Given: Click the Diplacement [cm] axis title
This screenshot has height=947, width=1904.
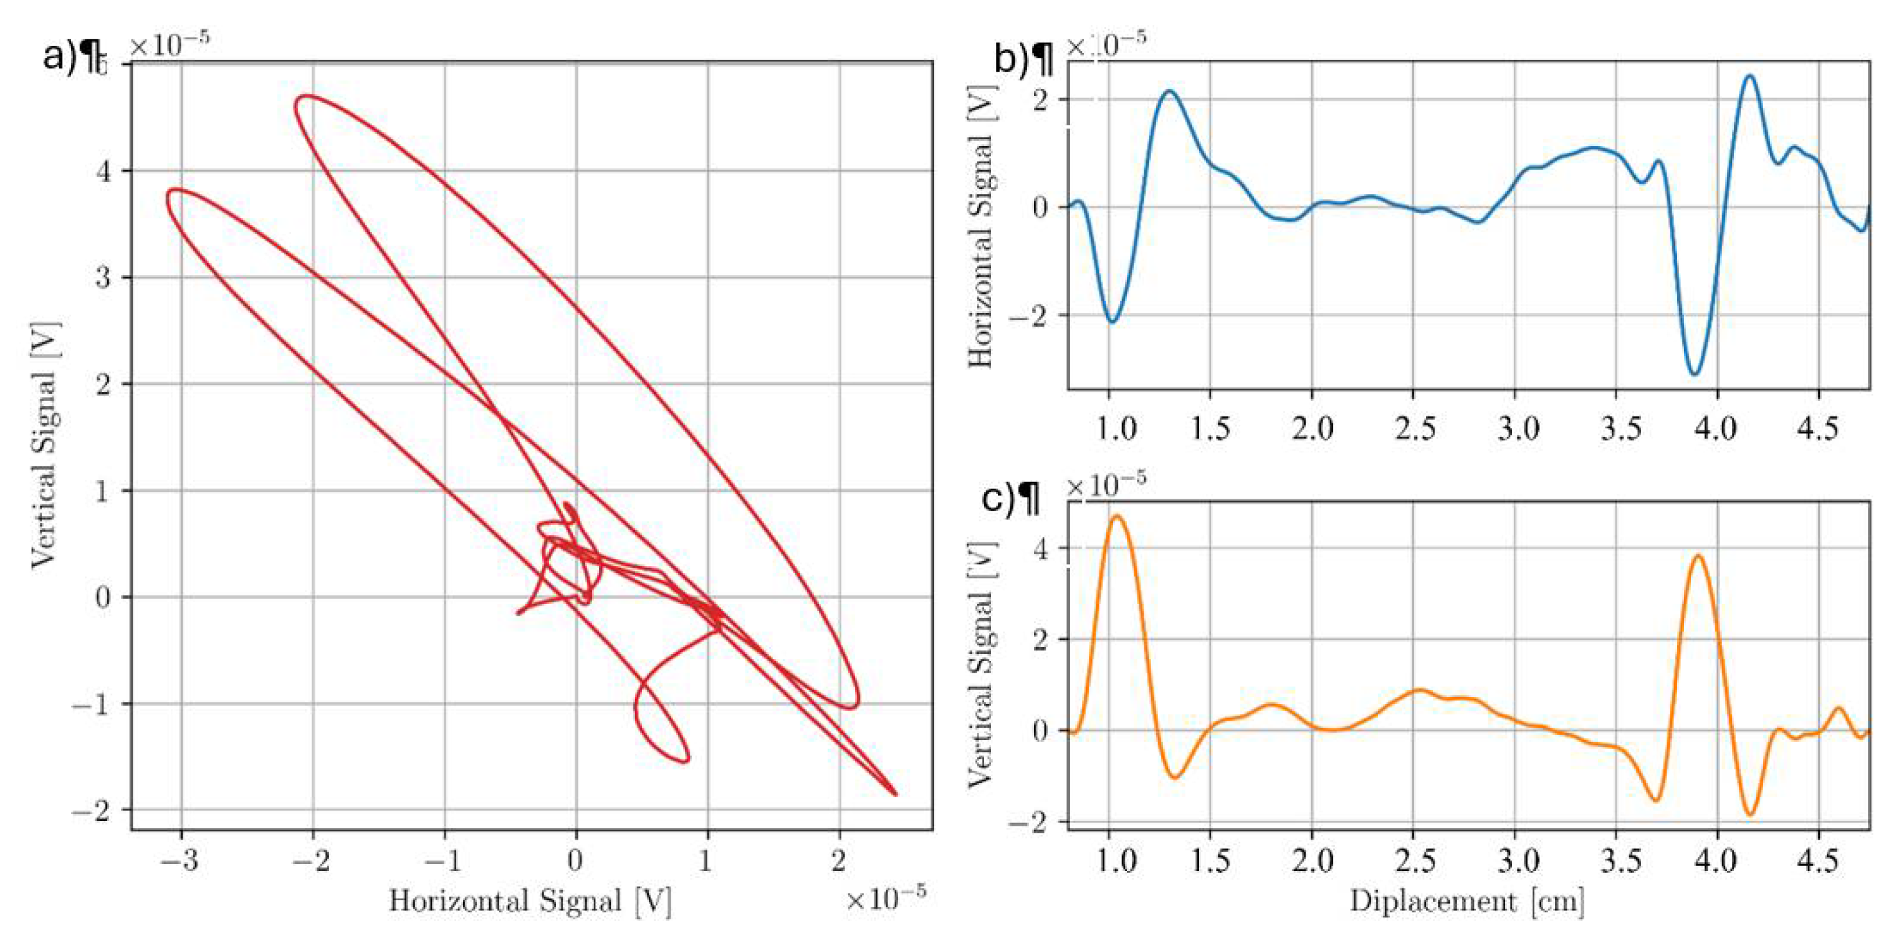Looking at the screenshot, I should click(x=1467, y=901).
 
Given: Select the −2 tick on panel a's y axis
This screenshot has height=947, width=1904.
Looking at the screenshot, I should click(x=92, y=811).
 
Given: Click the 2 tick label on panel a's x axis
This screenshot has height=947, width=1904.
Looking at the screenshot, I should click(x=838, y=860).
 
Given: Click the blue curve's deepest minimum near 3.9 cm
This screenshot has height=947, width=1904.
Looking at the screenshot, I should click(x=1695, y=374).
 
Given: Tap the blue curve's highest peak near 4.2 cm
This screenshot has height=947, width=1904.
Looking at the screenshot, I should click(x=1749, y=75).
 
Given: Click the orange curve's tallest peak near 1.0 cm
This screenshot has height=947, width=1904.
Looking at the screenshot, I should click(x=1117, y=516).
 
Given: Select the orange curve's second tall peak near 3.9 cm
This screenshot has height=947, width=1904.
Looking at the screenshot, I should click(x=1697, y=556).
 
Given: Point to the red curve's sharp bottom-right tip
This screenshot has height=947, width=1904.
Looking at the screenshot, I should click(x=895, y=794).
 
